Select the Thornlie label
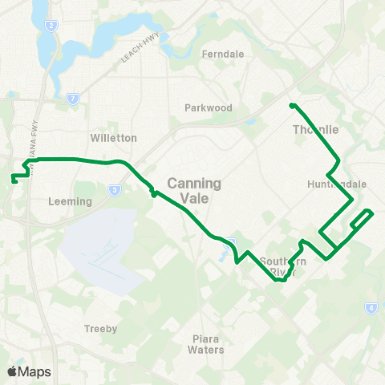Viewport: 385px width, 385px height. pyautogui.click(x=316, y=130)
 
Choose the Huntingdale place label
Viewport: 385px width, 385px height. pyautogui.click(x=336, y=184)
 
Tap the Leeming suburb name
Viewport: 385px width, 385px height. pyautogui.click(x=70, y=201)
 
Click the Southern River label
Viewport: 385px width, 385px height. pyautogui.click(x=283, y=267)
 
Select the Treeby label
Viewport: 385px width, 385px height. pyautogui.click(x=101, y=329)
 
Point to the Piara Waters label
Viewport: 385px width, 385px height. pyautogui.click(x=205, y=344)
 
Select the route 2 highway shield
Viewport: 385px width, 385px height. pyautogui.click(x=51, y=26)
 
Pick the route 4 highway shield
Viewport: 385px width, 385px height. pyautogui.click(x=371, y=307)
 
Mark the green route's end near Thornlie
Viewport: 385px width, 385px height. pyautogui.click(x=292, y=105)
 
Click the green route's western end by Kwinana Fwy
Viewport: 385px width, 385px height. pyautogui.click(x=15, y=181)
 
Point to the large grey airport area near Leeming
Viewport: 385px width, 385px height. pyautogui.click(x=100, y=249)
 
